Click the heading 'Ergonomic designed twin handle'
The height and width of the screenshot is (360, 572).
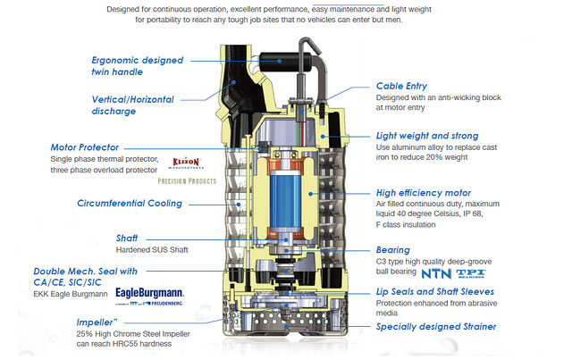pos(137,64)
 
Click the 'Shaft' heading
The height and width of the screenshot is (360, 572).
pos(126,239)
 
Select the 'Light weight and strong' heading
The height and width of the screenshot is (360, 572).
pos(426,136)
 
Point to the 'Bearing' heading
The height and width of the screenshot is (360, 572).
pos(393,250)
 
